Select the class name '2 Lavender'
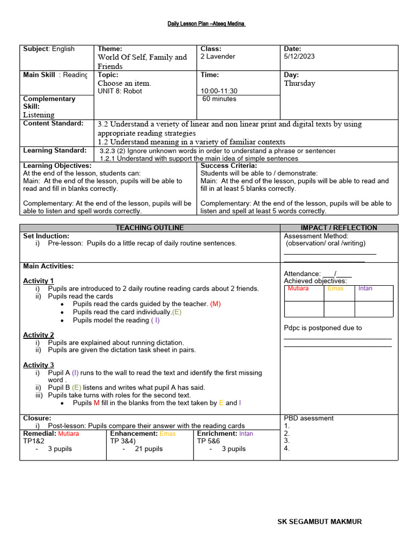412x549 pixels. [x=218, y=56]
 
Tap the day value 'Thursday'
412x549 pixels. [x=299, y=84]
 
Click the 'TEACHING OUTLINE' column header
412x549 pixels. [x=150, y=228]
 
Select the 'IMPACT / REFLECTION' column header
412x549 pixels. [x=339, y=228]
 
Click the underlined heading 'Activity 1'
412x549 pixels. [x=39, y=281]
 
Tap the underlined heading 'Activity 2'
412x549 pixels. [x=39, y=335]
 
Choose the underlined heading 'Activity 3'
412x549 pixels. [x=39, y=365]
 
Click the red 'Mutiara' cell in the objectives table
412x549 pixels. [x=298, y=288]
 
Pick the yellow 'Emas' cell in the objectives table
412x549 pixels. [x=335, y=288]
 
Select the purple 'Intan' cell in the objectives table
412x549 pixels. [x=365, y=288]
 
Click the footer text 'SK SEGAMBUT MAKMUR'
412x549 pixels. [x=319, y=522]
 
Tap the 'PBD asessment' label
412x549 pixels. [x=308, y=418]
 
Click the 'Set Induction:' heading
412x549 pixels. [x=46, y=236]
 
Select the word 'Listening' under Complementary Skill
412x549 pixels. [x=39, y=115]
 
